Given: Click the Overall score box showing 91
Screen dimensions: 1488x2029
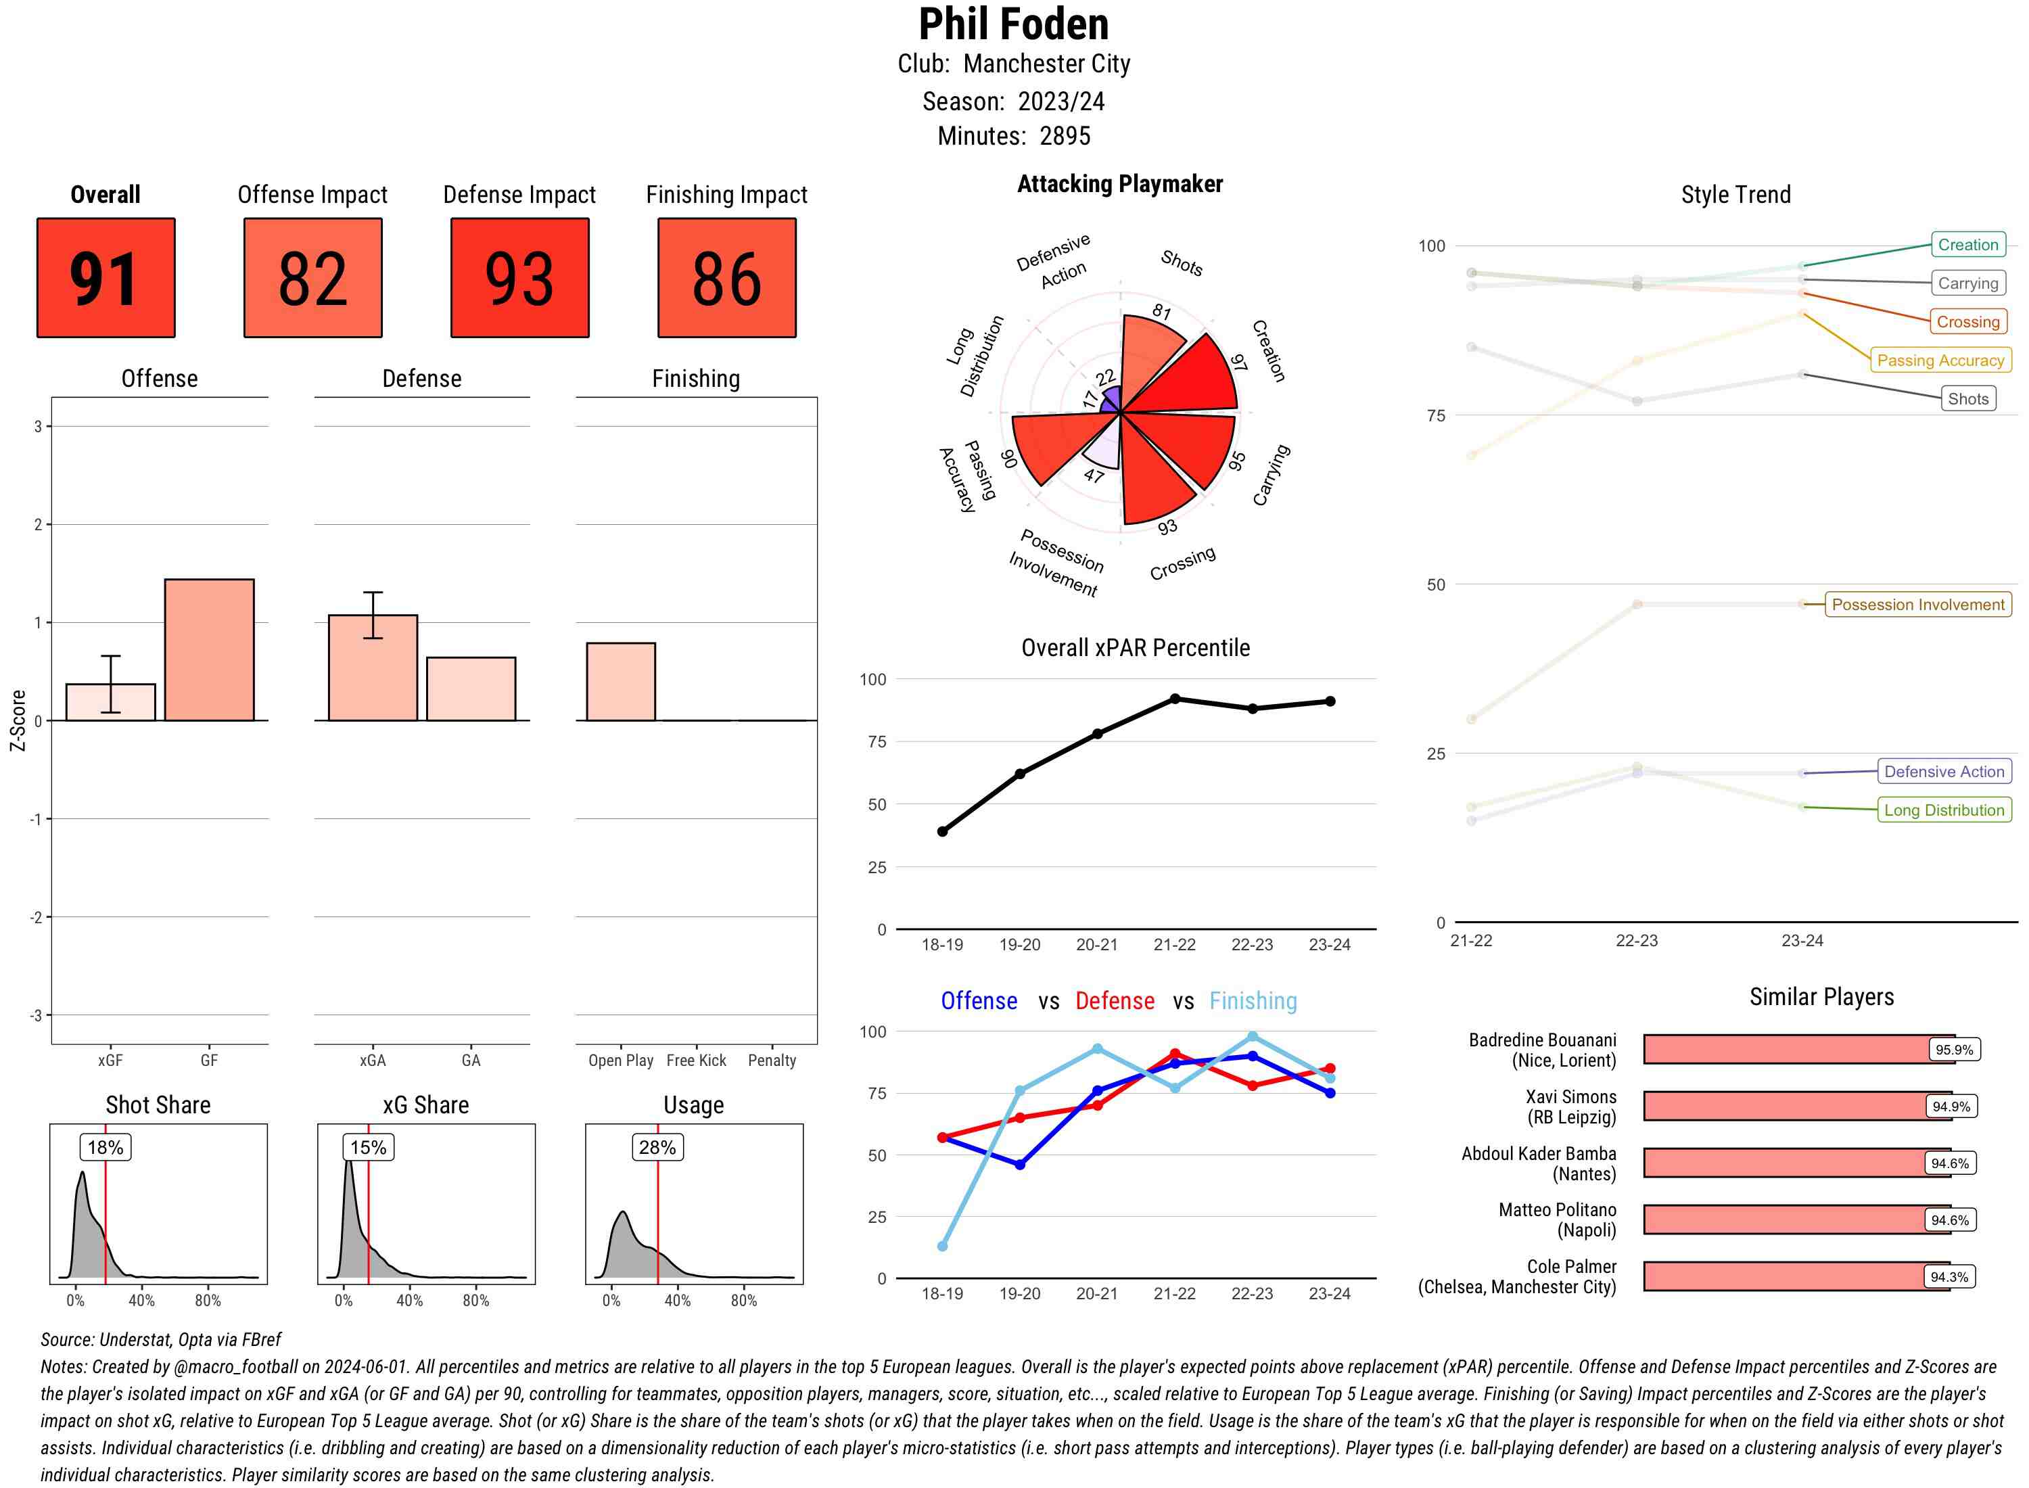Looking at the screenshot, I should click(106, 277).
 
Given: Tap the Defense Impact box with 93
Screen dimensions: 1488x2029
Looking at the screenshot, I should click(519, 277).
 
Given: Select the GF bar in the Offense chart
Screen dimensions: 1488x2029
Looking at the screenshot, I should click(209, 649).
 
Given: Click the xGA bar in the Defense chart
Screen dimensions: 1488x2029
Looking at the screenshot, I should click(373, 668).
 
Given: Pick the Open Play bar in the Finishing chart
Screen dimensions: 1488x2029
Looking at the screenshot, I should click(620, 682).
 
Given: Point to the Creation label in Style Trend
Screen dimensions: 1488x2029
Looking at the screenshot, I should click(1967, 245).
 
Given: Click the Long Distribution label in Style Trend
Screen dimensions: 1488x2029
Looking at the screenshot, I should click(1944, 810).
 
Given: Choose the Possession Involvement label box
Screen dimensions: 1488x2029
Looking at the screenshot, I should click(1917, 605).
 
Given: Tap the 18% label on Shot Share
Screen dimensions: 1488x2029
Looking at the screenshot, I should click(106, 1148).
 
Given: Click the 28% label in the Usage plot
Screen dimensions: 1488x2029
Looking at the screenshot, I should click(657, 1148).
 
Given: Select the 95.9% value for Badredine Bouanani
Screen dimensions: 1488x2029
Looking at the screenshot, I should click(1953, 1049).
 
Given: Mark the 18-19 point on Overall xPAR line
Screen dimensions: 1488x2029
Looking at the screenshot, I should click(942, 831).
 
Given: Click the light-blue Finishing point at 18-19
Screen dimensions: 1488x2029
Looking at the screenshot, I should click(942, 1246).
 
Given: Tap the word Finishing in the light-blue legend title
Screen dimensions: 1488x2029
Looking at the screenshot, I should click(1253, 1001).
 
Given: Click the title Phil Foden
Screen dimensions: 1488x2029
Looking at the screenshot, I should click(1013, 24).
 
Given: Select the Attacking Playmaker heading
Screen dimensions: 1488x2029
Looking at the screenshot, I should click(1119, 184).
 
